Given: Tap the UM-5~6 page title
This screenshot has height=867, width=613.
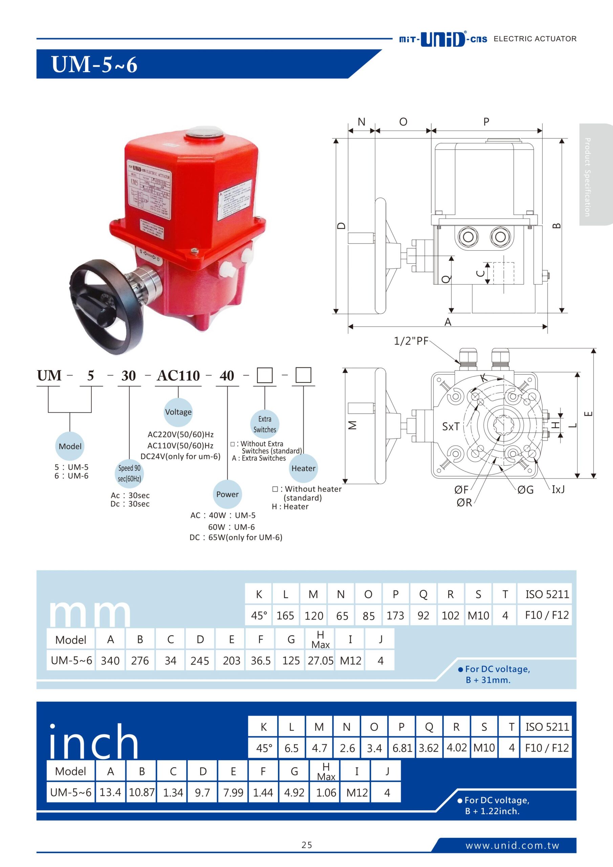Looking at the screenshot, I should (x=94, y=64).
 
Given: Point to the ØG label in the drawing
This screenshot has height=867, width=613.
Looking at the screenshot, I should (x=525, y=490).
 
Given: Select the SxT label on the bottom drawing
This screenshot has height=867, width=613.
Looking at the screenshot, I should (x=451, y=426).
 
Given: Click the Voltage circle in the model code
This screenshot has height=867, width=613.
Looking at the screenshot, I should (x=178, y=411).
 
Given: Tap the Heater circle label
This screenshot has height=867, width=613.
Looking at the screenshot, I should (x=303, y=468).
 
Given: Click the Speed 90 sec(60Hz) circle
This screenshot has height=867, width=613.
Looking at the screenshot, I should (x=129, y=473).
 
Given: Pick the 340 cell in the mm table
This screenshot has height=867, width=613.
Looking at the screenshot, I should (x=110, y=660).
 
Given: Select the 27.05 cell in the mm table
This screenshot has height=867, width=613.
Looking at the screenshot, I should (x=320, y=660).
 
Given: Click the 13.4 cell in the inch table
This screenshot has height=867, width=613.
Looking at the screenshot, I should (x=110, y=792).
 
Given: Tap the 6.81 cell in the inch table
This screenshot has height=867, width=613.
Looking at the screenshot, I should (x=402, y=748).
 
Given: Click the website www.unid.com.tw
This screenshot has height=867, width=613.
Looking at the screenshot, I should (x=512, y=845).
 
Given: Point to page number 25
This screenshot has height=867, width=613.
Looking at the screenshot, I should (x=307, y=845).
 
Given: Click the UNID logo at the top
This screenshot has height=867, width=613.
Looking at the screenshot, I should (x=442, y=39).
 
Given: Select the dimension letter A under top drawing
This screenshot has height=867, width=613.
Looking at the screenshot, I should (x=448, y=322).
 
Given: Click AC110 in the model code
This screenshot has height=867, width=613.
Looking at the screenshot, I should (x=178, y=376).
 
